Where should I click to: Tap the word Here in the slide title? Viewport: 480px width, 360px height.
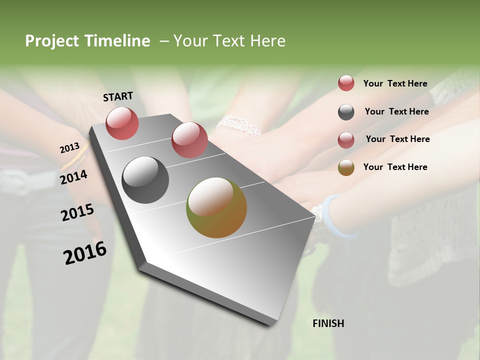[267, 41]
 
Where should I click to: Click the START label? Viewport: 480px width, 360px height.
[118, 96]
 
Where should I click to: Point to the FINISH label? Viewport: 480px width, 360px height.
[328, 323]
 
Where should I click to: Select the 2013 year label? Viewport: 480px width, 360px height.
[69, 148]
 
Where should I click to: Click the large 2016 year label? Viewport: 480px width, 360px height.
[84, 253]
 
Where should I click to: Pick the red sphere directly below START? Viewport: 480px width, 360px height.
[122, 123]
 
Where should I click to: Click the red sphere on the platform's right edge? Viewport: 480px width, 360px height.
[189, 139]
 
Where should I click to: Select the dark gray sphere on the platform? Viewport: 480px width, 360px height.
[145, 180]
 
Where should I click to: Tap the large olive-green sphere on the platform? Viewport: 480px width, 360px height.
[216, 207]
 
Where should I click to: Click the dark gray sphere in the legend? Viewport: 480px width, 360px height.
[346, 112]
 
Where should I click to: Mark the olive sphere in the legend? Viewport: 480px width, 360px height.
[346, 167]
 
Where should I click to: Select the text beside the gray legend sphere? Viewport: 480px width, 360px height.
[396, 111]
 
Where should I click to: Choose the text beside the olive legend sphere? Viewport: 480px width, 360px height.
[395, 167]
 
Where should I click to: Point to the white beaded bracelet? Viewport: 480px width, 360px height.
[239, 124]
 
